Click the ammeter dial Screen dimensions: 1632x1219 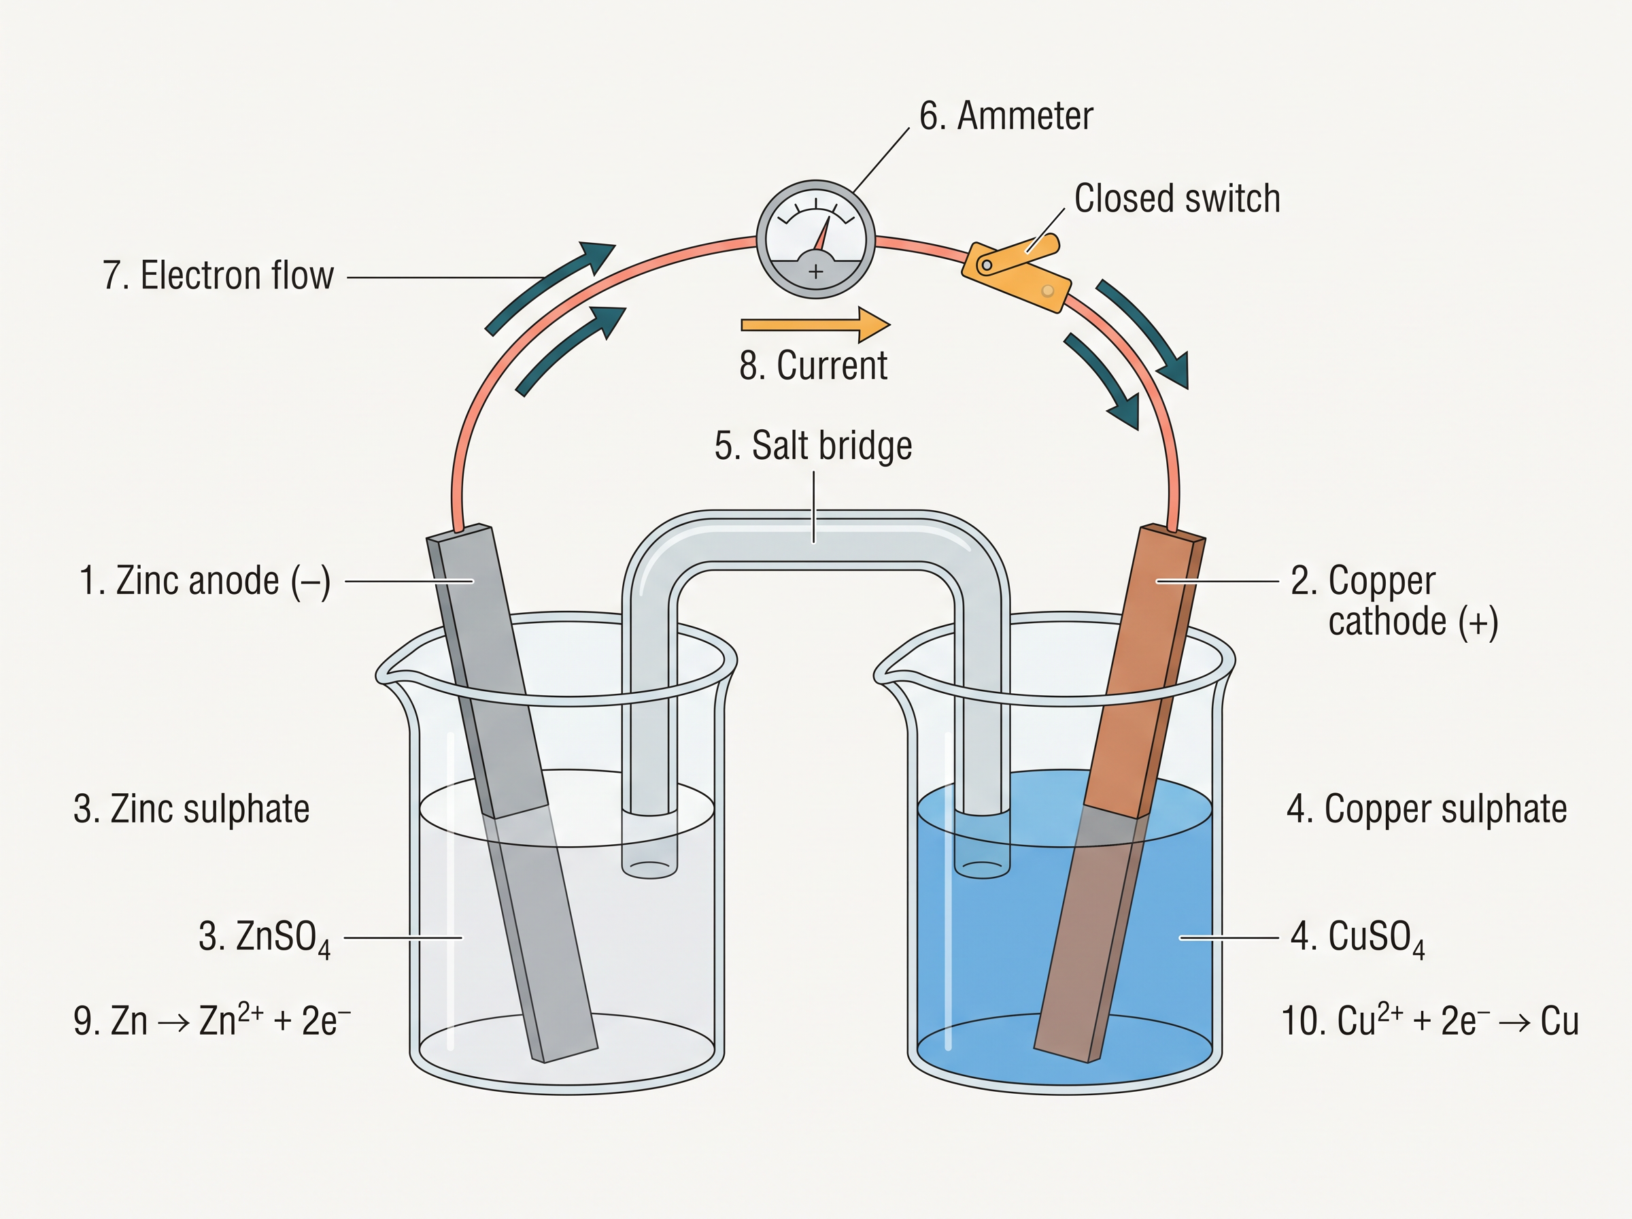815,239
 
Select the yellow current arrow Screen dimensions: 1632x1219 815,324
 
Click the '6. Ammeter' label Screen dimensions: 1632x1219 1006,116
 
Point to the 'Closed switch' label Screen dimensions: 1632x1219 1177,199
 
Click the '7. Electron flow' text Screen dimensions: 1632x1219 218,275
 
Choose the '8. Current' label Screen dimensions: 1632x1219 813,365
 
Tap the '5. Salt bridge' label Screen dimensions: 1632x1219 813,446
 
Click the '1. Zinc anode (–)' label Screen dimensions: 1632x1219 205,581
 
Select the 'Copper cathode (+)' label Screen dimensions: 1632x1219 1394,601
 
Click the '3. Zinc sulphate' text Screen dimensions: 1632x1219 192,809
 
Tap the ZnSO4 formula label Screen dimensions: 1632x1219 265,938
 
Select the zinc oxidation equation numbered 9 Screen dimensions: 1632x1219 212,1020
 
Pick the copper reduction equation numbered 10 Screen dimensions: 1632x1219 1430,1020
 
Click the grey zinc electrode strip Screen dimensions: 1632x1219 512,793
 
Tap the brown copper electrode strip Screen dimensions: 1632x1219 1119,793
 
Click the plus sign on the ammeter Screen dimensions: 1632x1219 815,271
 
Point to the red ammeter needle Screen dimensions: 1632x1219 821,233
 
